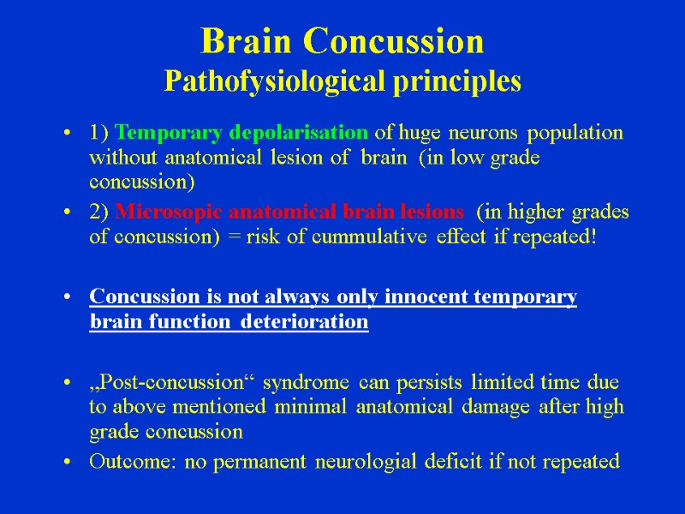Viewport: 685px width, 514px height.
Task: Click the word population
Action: tap(575, 133)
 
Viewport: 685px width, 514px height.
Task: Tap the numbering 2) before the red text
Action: tap(99, 212)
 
